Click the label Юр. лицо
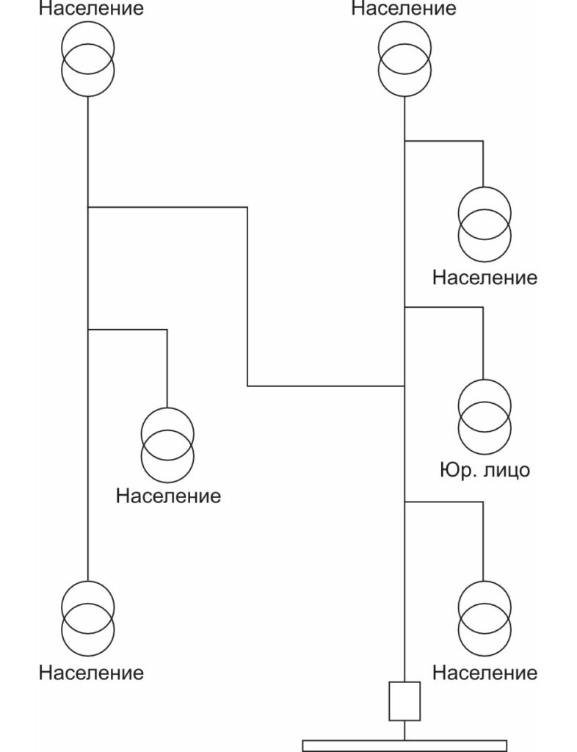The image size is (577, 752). (x=484, y=469)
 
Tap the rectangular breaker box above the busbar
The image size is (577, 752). (x=404, y=701)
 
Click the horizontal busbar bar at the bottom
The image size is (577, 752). (x=404, y=745)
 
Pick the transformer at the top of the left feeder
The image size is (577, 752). (x=87, y=59)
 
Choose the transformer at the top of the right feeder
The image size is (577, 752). (x=404, y=59)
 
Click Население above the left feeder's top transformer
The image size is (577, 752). (x=91, y=10)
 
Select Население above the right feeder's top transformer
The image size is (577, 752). (x=404, y=9)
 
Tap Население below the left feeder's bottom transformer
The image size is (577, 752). (x=91, y=672)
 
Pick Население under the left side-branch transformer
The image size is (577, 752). (x=168, y=496)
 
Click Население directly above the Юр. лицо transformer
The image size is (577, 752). (x=485, y=278)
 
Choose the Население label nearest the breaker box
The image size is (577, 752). (x=485, y=672)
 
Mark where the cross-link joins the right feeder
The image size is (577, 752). (x=404, y=386)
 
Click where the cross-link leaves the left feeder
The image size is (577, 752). (x=87, y=207)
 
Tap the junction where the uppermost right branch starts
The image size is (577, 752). (x=404, y=140)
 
